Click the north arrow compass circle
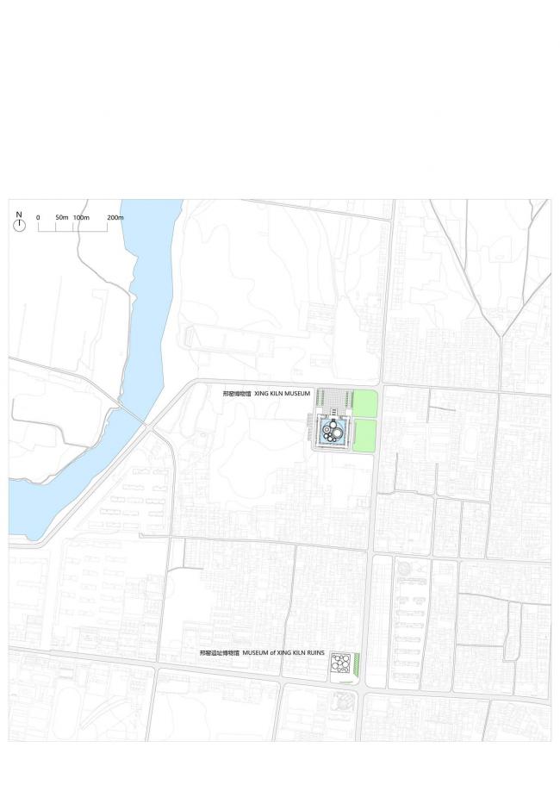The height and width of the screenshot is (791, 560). [19, 225]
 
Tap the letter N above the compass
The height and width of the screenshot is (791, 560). [19, 214]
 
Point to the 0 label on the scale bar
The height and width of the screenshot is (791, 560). [38, 217]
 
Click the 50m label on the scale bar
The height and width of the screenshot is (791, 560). [62, 217]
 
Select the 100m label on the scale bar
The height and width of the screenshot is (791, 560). [81, 217]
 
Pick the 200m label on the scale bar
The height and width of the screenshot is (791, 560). [115, 217]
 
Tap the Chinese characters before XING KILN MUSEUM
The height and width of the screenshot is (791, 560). [236, 393]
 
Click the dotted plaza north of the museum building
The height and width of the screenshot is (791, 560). [333, 399]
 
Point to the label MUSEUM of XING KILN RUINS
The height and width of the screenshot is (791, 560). [280, 654]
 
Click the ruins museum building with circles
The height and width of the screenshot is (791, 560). [340, 665]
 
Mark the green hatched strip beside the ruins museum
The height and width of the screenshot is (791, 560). [357, 664]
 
